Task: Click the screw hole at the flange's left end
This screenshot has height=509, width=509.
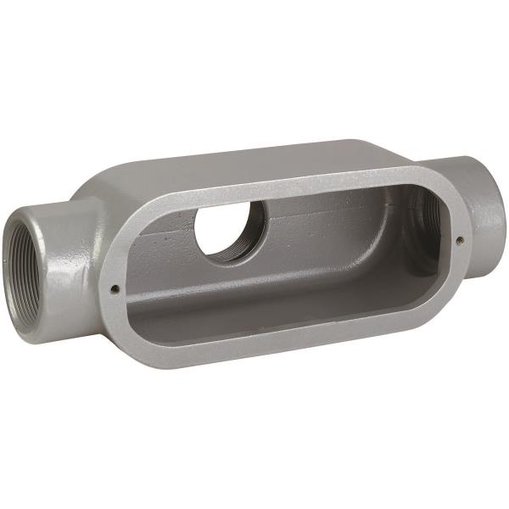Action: pyautogui.click(x=114, y=288)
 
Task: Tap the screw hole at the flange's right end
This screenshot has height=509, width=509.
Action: pyautogui.click(x=458, y=240)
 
